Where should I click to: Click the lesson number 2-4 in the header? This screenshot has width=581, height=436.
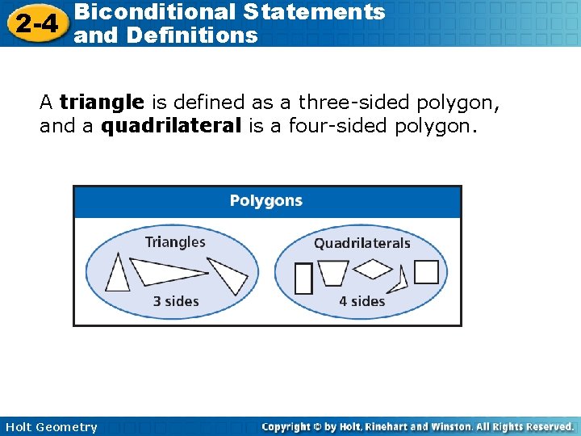point(36,23)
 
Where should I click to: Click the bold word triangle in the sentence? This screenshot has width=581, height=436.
point(102,103)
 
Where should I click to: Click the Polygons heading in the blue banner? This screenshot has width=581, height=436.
point(266,200)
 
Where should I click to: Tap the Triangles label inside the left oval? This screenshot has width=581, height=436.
point(175,241)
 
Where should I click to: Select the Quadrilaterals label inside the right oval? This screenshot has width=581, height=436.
point(362,243)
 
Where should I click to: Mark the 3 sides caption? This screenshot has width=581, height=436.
point(176,301)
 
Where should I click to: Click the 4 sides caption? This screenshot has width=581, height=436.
point(362,301)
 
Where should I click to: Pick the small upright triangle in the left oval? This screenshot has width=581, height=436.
point(119,275)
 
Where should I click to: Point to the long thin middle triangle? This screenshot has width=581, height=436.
point(165,271)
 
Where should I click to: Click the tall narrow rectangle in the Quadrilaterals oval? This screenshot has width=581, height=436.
point(303,279)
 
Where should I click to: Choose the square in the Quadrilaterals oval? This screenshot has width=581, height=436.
point(426,272)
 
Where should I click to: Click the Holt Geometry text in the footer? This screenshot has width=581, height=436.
point(51,427)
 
